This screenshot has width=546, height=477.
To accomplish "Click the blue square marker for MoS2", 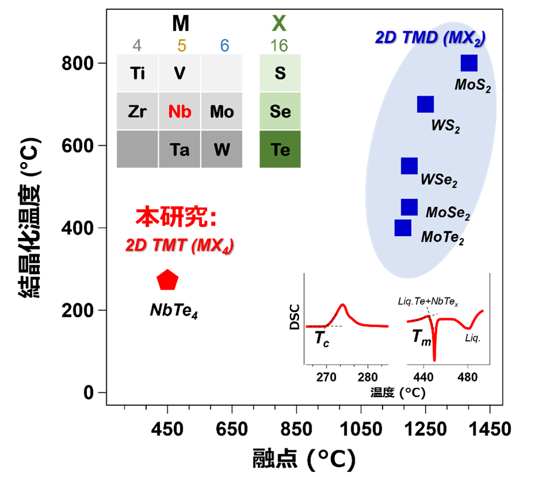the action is coord(469,63).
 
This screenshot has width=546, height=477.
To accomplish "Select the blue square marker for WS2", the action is coord(425,104).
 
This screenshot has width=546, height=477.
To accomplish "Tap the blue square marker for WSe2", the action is coord(409,166).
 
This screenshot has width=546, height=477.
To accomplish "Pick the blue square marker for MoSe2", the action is coord(409,207).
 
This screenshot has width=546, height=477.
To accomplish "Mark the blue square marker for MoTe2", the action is coord(403,227).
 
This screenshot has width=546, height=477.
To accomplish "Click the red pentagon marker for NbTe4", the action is coord(167,280).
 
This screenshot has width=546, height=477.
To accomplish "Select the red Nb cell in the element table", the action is coord(180,111).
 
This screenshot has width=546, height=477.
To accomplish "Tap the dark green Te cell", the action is coord(280,149).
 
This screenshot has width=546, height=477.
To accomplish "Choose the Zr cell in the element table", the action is coord(137,111).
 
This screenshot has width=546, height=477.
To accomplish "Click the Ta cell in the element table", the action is coord(180,149).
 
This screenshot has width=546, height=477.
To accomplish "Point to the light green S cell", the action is coord(280,73).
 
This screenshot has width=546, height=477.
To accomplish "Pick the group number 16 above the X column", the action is coord(279,45).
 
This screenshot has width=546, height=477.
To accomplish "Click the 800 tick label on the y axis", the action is coord(78,64).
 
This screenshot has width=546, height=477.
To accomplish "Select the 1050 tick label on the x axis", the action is coord(361,429).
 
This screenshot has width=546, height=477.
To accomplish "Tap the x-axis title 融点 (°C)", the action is coord(304,459).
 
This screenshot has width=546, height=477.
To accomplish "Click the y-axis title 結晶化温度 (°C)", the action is coord(30,218).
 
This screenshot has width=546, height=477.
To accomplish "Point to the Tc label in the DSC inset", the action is coord(322,339).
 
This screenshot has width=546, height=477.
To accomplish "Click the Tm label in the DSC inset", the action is coord(421,338).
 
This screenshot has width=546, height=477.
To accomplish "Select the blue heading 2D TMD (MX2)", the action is coord(430,38).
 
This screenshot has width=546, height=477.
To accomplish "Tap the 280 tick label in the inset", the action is coord(367,377).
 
